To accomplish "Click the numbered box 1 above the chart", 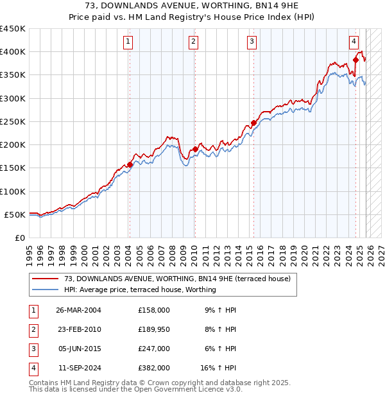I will tap(128, 42).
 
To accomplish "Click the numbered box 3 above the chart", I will tap(252, 42).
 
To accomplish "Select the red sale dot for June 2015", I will tap(253, 123).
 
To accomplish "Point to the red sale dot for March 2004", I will tap(130, 164).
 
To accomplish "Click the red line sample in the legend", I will tap(46, 279).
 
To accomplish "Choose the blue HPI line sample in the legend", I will tap(46, 290).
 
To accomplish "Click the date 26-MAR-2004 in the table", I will tap(78, 309).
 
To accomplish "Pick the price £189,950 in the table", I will tap(154, 329).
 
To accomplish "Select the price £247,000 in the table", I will tap(154, 349).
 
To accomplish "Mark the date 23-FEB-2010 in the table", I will tap(78, 329).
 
